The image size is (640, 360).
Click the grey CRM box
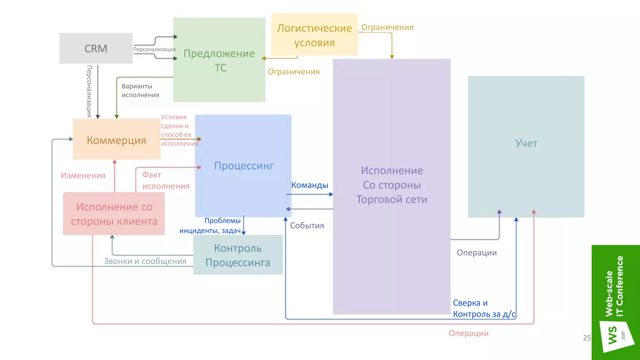click(x=96, y=48)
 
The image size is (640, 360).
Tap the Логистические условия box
click(x=314, y=35)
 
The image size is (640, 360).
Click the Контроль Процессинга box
click(x=237, y=255)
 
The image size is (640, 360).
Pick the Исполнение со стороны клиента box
click(x=114, y=214)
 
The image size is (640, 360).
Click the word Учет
click(x=526, y=143)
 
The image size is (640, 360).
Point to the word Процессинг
click(x=243, y=166)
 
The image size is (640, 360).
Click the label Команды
click(x=309, y=185)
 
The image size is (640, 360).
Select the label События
click(x=307, y=226)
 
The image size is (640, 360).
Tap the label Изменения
click(x=83, y=176)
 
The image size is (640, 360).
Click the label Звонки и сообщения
click(x=145, y=261)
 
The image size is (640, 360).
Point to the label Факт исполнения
click(x=165, y=181)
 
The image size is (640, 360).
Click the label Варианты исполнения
click(x=140, y=91)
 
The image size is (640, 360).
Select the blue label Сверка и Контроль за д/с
click(x=484, y=308)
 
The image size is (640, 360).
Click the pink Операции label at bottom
click(x=468, y=333)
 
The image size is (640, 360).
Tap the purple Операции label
click(x=477, y=253)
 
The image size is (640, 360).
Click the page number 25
click(x=587, y=338)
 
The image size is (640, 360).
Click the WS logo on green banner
click(x=613, y=335)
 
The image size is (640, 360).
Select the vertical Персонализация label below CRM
click(x=89, y=91)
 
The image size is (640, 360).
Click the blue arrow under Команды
click(x=309, y=194)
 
